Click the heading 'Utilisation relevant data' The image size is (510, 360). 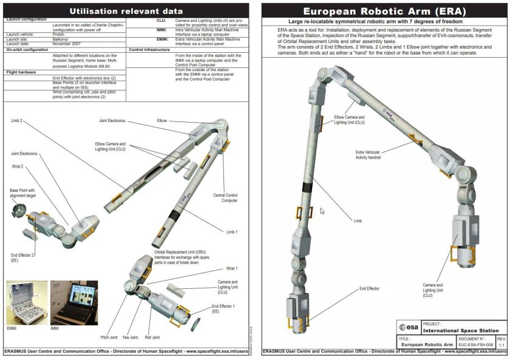click(x=126, y=10)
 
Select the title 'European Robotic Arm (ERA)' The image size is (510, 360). click(x=384, y=11)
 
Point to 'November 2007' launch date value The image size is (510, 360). click(x=66, y=44)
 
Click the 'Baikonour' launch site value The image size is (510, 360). click(x=61, y=39)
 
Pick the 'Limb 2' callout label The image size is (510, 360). click(x=16, y=121)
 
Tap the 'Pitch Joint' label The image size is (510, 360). click(x=109, y=338)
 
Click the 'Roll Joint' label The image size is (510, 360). click(x=151, y=338)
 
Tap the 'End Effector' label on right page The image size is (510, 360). click(x=370, y=289)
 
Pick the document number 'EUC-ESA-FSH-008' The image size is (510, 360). click(x=471, y=344)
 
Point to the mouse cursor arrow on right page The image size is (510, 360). click(x=322, y=211)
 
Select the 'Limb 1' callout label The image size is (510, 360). click(x=232, y=232)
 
